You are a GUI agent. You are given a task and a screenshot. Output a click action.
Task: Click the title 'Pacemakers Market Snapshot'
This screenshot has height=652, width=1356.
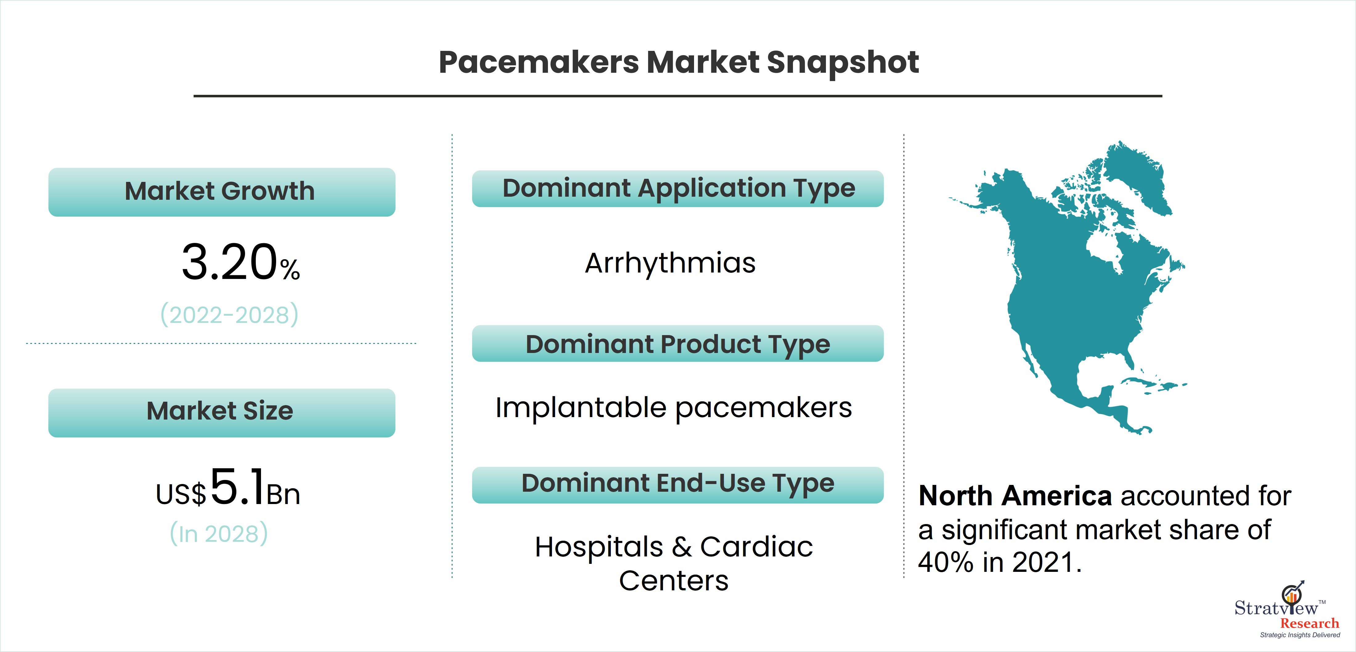pyautogui.click(x=679, y=63)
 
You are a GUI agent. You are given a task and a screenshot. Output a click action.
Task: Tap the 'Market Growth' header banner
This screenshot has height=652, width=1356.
pyautogui.click(x=222, y=192)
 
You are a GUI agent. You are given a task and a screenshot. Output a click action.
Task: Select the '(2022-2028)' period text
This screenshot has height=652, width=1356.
pyautogui.click(x=230, y=314)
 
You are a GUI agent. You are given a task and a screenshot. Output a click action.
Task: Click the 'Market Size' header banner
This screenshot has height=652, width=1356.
pyautogui.click(x=222, y=412)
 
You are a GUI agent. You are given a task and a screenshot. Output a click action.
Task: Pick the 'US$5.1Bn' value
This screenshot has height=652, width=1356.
pyautogui.click(x=228, y=488)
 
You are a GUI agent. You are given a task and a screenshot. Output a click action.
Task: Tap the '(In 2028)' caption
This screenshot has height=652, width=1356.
pyautogui.click(x=219, y=534)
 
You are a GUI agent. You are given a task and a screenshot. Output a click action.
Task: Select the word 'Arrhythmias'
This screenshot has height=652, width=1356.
pyautogui.click(x=670, y=263)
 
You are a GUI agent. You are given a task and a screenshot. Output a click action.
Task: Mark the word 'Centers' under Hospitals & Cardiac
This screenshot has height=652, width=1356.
pyautogui.click(x=674, y=581)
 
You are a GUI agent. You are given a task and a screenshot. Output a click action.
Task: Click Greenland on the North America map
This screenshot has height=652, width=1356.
pyautogui.click(x=1137, y=176)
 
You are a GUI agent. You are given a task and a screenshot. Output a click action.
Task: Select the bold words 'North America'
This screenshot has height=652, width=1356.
pyautogui.click(x=1015, y=496)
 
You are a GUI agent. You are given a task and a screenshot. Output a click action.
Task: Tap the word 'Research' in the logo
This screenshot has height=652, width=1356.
pyautogui.click(x=1310, y=624)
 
